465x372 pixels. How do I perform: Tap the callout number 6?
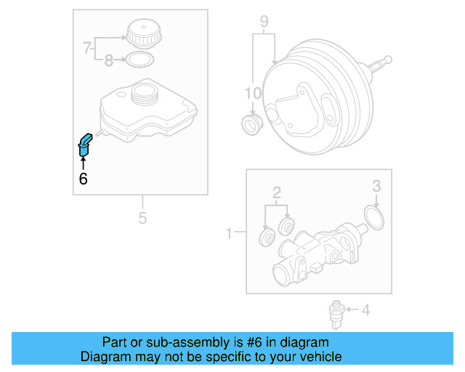[x=83, y=178]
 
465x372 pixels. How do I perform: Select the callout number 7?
[x=87, y=49]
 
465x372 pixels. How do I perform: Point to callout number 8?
[x=109, y=62]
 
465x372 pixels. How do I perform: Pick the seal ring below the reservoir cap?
[x=140, y=60]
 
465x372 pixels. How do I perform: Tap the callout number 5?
[x=142, y=217]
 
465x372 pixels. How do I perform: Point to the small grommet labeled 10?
[x=251, y=124]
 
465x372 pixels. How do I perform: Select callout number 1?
[x=229, y=233]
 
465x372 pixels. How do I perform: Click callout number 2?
[x=276, y=193]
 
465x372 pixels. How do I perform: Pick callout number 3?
[x=376, y=186]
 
